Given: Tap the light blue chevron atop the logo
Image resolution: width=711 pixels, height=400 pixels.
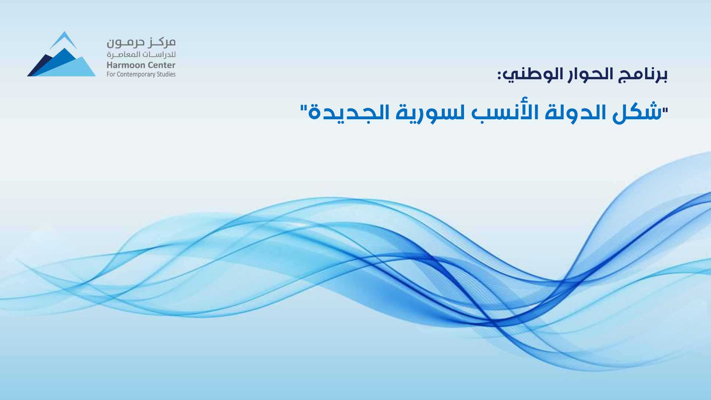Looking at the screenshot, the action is tap(64, 39).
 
